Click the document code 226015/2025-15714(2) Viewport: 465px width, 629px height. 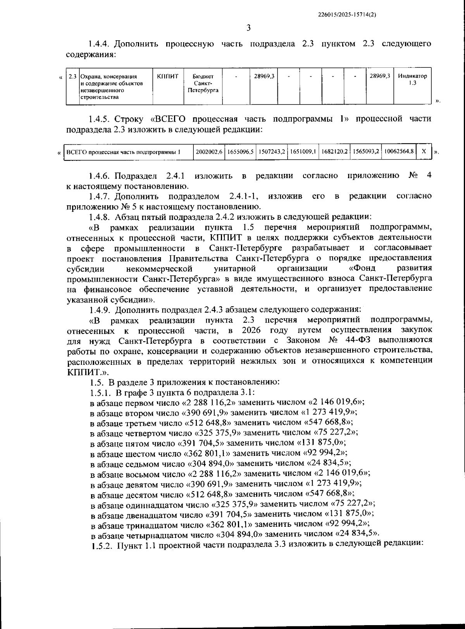(347, 14)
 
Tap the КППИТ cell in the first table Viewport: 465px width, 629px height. (168, 76)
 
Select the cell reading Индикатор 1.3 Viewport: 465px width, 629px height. (412, 79)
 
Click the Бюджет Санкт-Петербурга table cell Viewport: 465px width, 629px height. (203, 83)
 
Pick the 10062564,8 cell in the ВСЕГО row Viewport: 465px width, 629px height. (399, 152)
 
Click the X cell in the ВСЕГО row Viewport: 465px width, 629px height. (424, 152)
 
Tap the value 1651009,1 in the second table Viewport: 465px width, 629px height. (303, 152)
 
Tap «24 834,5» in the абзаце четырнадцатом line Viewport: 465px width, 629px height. (359, 534)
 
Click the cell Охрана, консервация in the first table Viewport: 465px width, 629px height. (108, 76)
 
